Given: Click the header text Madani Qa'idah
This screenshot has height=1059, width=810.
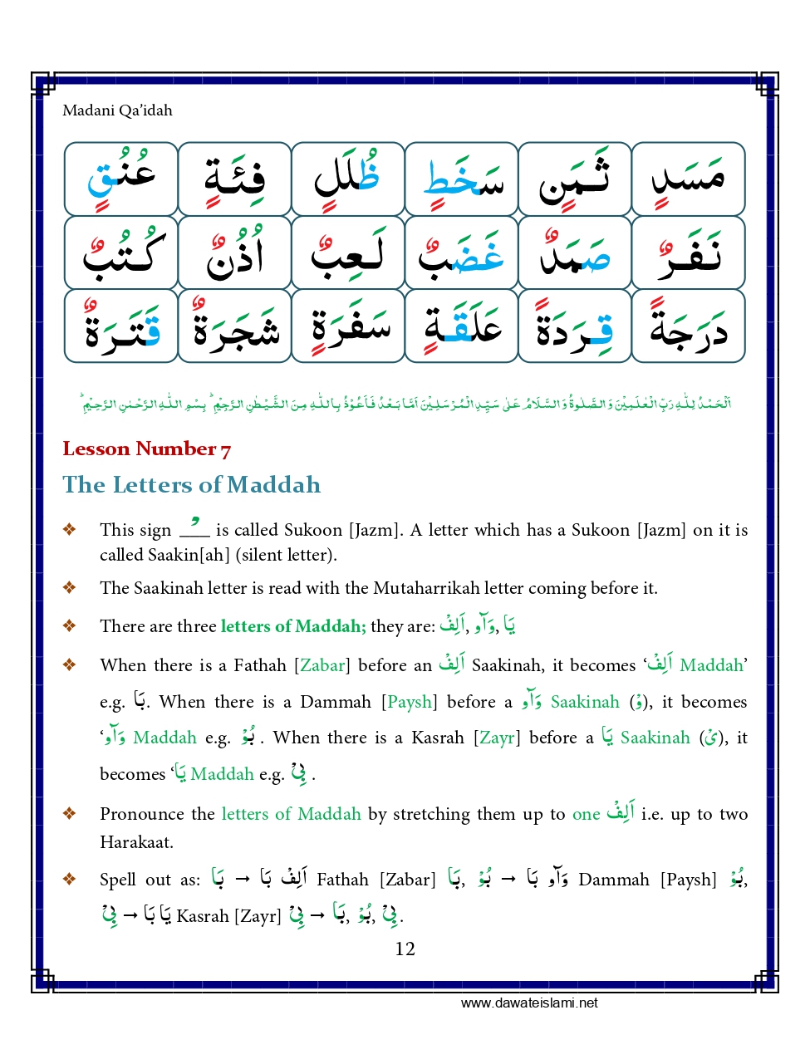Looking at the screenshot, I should (117, 110).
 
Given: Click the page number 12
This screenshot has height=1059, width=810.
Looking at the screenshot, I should (405, 949).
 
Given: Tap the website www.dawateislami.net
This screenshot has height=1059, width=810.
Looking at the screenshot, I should (529, 1003).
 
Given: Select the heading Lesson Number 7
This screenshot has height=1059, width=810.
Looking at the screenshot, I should (146, 449).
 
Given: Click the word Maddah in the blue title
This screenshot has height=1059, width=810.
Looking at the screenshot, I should (273, 485).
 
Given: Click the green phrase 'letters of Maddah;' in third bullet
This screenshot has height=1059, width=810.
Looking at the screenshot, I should (292, 626).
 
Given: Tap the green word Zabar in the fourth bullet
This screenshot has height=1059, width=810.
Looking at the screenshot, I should (322, 665).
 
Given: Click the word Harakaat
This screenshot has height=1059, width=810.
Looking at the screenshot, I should (136, 842).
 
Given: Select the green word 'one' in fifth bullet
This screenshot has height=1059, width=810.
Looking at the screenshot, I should (586, 814).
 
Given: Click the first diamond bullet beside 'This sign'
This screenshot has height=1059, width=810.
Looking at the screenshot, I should (70, 530).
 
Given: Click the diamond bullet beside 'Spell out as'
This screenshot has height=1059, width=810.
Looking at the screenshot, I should (70, 879).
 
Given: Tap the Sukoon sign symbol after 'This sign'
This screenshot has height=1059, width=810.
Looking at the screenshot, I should (194, 528).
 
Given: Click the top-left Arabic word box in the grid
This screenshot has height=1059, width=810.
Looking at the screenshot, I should (121, 179).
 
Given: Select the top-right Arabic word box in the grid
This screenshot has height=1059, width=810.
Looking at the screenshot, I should (688, 179).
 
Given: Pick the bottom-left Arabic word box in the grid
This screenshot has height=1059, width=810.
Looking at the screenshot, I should (121, 326).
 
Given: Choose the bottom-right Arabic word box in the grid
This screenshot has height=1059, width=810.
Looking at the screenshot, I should (688, 326).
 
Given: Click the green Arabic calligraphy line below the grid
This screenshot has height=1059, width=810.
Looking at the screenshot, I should (405, 404).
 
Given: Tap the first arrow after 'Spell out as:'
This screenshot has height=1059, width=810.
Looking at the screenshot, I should (243, 879).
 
